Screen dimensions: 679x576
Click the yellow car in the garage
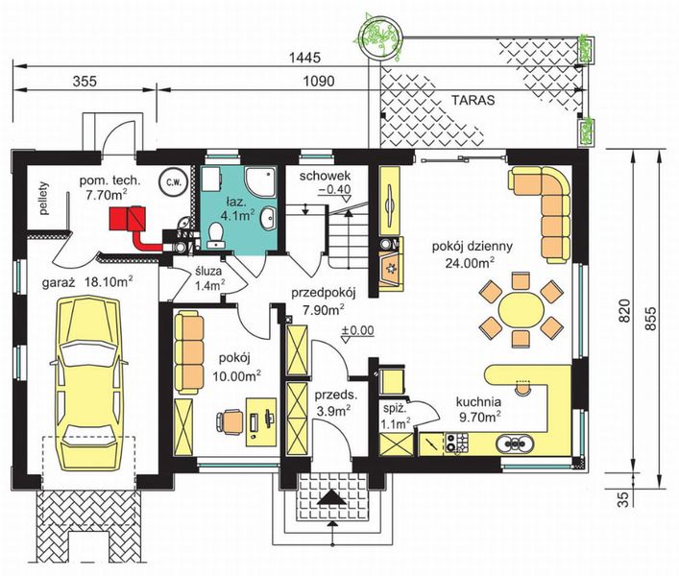(88, 383)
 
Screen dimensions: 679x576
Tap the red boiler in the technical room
(128, 219)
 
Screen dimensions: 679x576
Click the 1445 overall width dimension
(305, 58)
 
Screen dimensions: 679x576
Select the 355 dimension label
(85, 81)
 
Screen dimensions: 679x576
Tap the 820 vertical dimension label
(624, 310)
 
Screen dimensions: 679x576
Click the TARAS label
(473, 101)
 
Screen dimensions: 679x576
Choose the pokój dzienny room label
(472, 247)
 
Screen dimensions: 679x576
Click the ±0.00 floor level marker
(357, 331)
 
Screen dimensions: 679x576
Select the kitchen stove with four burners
(457, 443)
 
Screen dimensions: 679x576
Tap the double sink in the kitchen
(515, 443)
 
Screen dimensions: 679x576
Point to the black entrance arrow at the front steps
(331, 497)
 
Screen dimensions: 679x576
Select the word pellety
(44, 198)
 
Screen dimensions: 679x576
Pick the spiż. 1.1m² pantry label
(396, 416)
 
